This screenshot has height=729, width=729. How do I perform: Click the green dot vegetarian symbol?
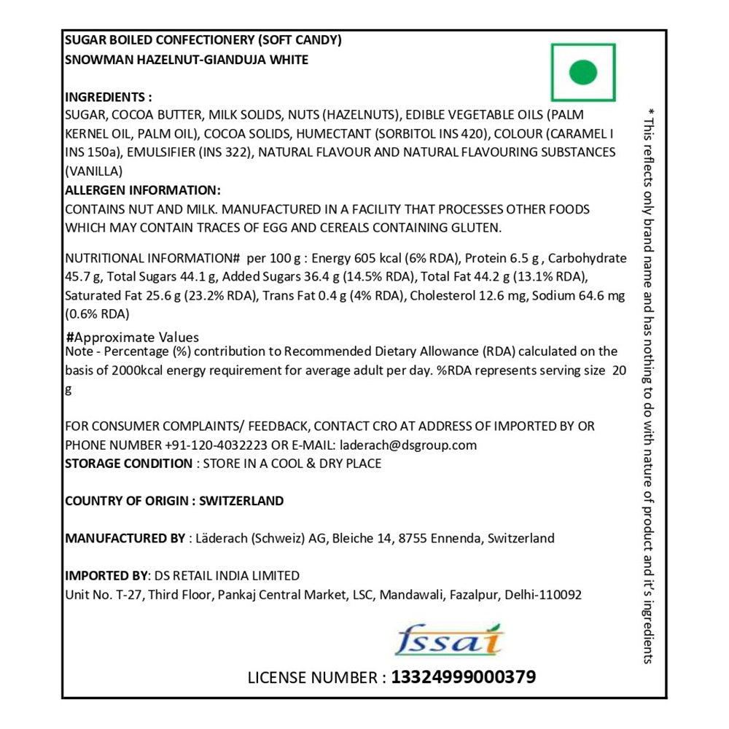[x=583, y=72]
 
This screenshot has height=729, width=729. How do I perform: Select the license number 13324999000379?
[x=464, y=677]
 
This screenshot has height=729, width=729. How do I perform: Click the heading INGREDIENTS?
[x=108, y=97]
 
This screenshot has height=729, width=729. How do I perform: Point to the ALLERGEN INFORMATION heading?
[x=143, y=190]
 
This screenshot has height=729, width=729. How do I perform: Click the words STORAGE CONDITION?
[x=128, y=464]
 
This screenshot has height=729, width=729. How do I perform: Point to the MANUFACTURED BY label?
[x=125, y=539]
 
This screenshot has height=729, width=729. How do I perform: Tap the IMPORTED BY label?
[x=105, y=576]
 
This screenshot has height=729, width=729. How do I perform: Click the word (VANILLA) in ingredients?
[x=93, y=172]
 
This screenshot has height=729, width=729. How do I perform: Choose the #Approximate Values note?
[x=132, y=338]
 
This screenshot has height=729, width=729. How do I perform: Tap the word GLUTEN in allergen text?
[x=476, y=227]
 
